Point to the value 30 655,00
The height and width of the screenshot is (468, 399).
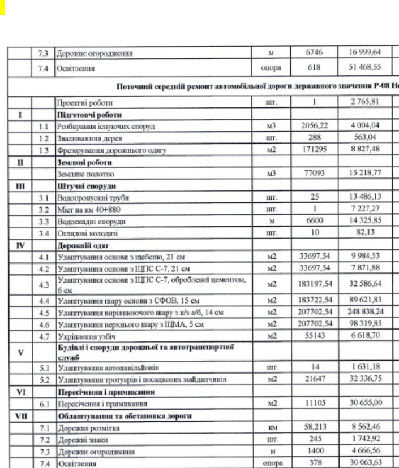pyautogui.click(x=353, y=401)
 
